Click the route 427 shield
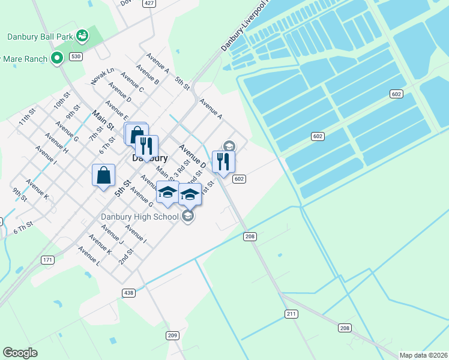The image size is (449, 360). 149,3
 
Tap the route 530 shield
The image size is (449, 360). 76,56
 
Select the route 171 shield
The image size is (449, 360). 48,260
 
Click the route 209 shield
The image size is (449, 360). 173,335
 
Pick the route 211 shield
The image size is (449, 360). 292,314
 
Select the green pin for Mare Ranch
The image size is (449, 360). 57,58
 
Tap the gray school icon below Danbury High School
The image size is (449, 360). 188,216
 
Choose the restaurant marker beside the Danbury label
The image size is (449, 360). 146,146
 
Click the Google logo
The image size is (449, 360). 20,353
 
